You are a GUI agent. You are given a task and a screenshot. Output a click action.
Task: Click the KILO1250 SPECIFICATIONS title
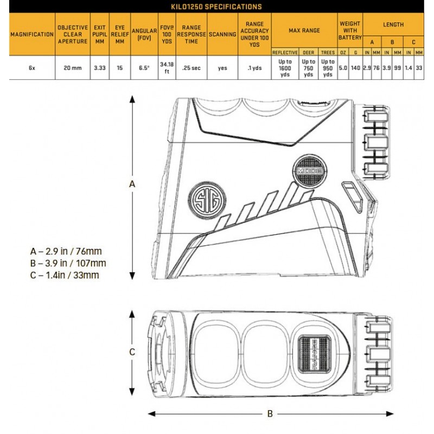pyautogui.click(x=216, y=7)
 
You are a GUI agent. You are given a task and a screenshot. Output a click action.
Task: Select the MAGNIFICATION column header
pyautogui.click(x=32, y=34)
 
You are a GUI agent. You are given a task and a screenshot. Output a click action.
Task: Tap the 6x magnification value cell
pyautogui.click(x=32, y=68)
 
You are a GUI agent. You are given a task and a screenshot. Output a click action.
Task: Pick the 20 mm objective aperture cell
pyautogui.click(x=73, y=68)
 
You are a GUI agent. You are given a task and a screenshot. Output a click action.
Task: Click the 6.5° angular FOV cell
pyautogui.click(x=144, y=68)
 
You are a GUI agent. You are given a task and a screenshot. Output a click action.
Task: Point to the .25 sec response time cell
pyautogui.click(x=192, y=68)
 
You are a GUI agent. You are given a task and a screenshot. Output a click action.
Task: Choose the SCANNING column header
pyautogui.click(x=222, y=34)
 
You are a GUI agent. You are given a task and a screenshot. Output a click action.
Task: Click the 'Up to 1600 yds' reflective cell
pyautogui.click(x=285, y=68)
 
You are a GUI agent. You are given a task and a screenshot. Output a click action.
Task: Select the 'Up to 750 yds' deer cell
pyautogui.click(x=308, y=68)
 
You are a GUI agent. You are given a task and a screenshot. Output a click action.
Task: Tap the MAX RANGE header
pyautogui.click(x=304, y=30)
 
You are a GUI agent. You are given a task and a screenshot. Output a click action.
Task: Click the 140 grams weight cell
pyautogui.click(x=355, y=68)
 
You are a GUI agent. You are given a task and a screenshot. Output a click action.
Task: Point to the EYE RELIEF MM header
pyautogui.click(x=119, y=34)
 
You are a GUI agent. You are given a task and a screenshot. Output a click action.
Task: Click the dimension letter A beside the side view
pyautogui.click(x=132, y=184)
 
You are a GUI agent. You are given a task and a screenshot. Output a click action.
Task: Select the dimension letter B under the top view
pyautogui.click(x=270, y=414)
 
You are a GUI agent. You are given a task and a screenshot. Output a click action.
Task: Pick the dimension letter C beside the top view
pyautogui.click(x=132, y=352)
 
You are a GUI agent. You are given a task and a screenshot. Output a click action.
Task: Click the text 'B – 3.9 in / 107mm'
pyautogui.click(x=68, y=263)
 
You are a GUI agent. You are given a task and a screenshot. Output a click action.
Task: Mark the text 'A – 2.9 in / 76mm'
pyautogui.click(x=66, y=251)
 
